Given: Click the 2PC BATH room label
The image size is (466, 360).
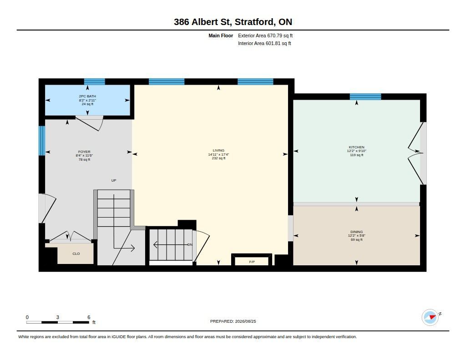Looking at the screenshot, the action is pos(87,96).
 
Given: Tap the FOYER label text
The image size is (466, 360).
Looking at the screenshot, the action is pos(84,152).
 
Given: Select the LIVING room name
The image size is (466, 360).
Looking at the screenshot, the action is pos(218,151).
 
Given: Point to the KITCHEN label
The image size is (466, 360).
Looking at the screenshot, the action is pos(357,147).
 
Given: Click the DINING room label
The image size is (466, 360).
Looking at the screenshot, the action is pos(357,232).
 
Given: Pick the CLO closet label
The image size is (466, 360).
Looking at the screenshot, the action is pos(76,254).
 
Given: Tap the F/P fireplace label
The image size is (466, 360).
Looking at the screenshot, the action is pos(252,262).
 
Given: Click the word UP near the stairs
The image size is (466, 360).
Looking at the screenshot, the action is pos(114,180).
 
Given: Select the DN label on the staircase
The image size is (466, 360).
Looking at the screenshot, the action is pos(190,245).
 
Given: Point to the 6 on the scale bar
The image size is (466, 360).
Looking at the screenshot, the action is pos(89,317).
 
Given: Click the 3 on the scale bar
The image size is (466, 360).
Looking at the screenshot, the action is pos(58,317).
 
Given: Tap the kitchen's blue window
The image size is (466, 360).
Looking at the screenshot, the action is pos(365,96).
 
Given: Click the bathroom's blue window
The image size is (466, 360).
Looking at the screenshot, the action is pos(95,82).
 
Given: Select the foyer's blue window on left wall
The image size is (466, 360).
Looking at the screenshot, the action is pos(42,141).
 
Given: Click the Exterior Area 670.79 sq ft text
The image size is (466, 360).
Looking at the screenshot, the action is pos(265,35).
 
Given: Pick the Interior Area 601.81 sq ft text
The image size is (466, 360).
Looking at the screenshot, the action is pos(264,43).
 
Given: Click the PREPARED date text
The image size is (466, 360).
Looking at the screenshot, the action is pos(233,321).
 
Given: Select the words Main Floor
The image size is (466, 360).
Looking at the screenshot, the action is pos(221,35).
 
